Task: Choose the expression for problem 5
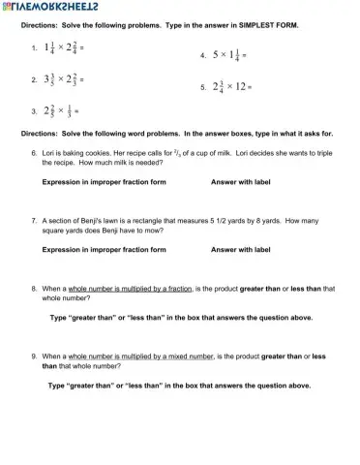[228, 86]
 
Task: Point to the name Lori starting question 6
[50, 153]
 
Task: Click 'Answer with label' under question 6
[240, 182]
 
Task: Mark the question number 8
[35, 289]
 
